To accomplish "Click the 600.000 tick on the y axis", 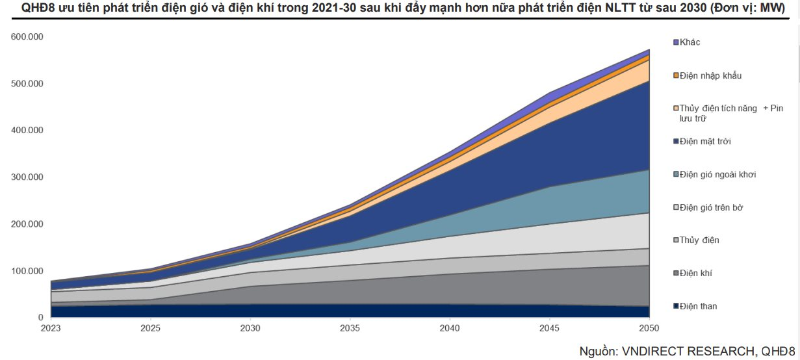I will coord(27,36).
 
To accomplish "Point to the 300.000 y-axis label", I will coord(27,177).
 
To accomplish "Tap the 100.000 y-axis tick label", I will coord(27,270).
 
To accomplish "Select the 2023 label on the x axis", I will coord(51,329).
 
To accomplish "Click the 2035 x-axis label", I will coord(352,329).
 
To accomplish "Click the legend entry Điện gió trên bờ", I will coord(711,208).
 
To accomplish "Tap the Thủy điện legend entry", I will coord(699,240).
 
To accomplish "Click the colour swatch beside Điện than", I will coord(676,307).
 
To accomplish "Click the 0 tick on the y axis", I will coord(40,317).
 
